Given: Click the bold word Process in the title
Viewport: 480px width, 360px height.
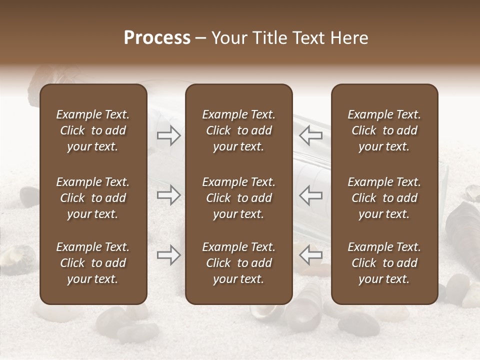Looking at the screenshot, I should point(157,38).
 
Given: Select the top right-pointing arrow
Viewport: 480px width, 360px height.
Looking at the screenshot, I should point(169,135).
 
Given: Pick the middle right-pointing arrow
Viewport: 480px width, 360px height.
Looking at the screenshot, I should point(169,195).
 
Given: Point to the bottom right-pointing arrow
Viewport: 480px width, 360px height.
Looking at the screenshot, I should point(169,255).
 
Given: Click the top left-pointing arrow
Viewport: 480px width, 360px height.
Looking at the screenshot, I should point(310,135).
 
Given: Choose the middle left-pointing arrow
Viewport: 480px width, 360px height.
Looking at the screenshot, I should point(310,195).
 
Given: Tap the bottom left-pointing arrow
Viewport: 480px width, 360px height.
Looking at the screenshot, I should point(310,255).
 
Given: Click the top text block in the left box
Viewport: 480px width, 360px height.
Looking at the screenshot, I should point(93,130).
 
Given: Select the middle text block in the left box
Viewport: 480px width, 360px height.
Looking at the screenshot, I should point(93,198).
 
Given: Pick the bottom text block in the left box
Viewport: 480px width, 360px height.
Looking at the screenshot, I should point(93,263).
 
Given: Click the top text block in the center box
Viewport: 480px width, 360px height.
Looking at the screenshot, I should point(238,130).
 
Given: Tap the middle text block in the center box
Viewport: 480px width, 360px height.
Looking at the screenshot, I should point(238,198).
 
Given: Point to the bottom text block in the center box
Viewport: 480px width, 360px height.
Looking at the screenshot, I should point(238,263).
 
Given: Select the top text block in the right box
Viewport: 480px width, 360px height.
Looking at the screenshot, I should point(384,130).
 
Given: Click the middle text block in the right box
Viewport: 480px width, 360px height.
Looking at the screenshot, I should point(384,198).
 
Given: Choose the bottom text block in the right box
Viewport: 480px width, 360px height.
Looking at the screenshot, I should point(384,263).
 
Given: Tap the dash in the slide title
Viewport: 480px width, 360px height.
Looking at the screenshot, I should point(201,38).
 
